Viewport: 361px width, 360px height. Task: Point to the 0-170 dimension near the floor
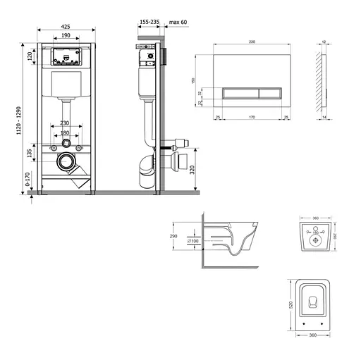point(29,182)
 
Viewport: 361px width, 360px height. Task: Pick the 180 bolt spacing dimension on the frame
point(65,133)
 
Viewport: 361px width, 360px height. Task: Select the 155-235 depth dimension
point(149,22)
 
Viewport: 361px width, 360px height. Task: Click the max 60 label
point(178,22)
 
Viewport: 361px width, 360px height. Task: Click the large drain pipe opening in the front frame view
point(66,161)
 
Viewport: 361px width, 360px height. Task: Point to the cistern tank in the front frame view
point(65,85)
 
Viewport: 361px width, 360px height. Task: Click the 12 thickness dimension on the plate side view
point(323,42)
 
